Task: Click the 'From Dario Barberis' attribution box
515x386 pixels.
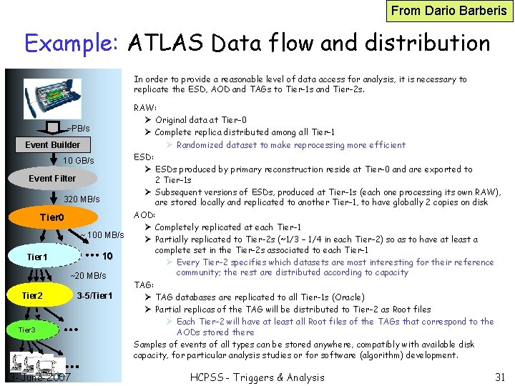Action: [450, 11]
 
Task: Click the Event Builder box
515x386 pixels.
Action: [53, 144]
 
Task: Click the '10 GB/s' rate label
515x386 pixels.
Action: [79, 160]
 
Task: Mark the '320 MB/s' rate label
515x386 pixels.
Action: [82, 199]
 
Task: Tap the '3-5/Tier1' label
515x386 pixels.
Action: [94, 295]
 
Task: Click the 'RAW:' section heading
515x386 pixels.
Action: [145, 108]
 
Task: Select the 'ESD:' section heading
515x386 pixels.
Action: [144, 157]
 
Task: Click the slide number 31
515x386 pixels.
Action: [500, 377]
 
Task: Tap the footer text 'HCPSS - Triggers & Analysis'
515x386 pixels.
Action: [257, 377]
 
